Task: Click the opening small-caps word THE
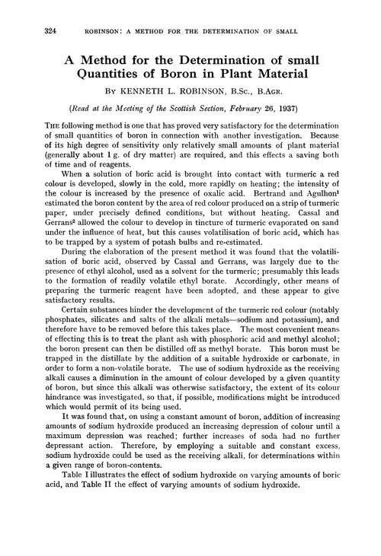coord(42,127)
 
